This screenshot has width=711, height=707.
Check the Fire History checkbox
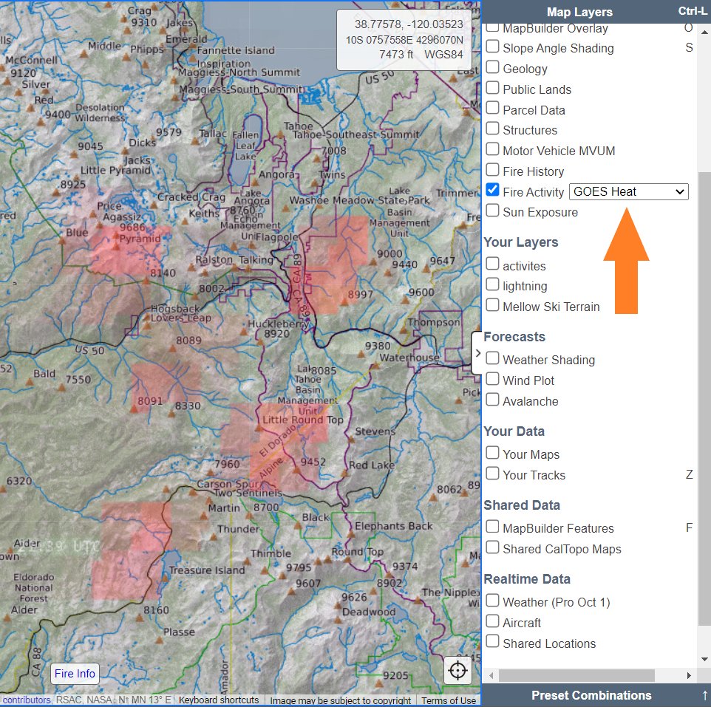point(492,171)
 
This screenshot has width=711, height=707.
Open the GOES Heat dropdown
point(628,191)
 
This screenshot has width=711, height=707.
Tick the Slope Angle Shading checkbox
point(492,47)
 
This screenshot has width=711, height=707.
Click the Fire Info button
point(75,674)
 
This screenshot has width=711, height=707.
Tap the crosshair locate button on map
point(458,672)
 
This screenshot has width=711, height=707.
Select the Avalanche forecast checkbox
point(492,400)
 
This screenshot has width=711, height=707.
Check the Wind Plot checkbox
point(492,380)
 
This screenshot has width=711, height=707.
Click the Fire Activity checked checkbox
point(492,191)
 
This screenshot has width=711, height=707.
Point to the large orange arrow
point(626,259)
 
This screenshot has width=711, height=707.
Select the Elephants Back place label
point(394,526)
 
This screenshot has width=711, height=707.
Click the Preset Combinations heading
point(591,695)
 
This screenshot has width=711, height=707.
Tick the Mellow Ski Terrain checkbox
point(492,306)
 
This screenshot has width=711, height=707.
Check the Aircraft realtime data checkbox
point(492,622)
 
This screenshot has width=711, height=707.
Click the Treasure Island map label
point(206,570)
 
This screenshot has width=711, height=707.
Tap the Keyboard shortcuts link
point(219,700)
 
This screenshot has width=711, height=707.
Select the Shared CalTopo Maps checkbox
point(492,548)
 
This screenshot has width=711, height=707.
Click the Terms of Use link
point(449,700)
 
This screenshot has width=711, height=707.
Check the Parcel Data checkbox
point(492,109)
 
